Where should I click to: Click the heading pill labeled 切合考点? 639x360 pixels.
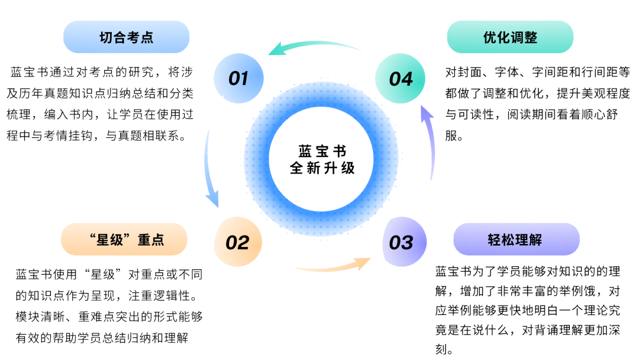coord(126,37)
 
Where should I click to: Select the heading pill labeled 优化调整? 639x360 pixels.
coord(510,37)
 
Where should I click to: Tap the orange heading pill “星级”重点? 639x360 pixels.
coord(124,239)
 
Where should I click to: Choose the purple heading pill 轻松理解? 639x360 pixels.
coord(516,239)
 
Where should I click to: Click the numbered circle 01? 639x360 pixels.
coord(238,78)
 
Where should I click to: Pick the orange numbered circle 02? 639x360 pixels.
coord(237,242)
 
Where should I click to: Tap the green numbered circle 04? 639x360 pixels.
coord(401,79)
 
